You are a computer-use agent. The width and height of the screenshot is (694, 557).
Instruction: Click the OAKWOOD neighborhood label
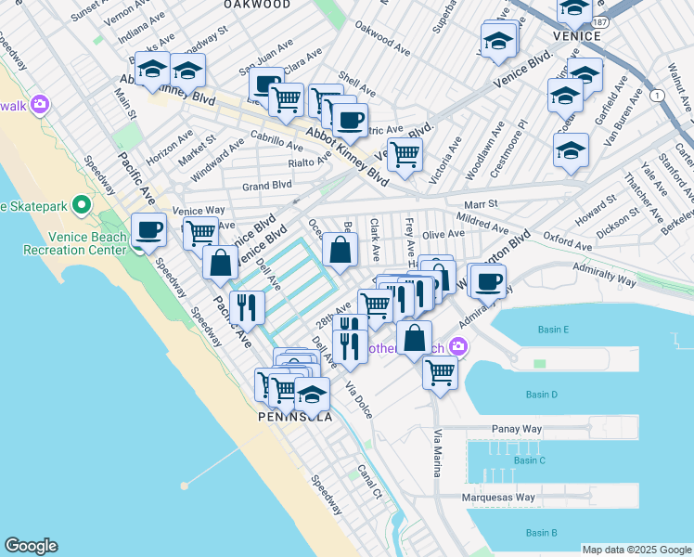[257, 5]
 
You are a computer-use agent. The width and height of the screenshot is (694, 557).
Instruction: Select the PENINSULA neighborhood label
[295, 417]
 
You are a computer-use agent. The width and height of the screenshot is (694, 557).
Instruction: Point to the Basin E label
[553, 330]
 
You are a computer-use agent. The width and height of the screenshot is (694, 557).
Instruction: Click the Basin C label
[529, 460]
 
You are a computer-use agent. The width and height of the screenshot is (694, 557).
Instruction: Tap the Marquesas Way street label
[499, 498]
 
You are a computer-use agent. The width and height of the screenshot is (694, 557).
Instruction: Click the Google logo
[31, 546]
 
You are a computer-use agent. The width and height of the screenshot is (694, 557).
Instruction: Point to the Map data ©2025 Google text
[636, 550]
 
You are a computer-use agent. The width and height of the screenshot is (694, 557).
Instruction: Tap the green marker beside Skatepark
[82, 204]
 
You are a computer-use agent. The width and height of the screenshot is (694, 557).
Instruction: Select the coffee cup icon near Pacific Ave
[148, 229]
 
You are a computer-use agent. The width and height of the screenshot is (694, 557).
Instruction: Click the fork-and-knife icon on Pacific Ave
[246, 307]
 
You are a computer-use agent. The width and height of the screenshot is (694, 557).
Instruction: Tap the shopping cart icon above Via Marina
[440, 371]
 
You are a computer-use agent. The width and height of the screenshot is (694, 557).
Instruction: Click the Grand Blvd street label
[266, 186]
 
